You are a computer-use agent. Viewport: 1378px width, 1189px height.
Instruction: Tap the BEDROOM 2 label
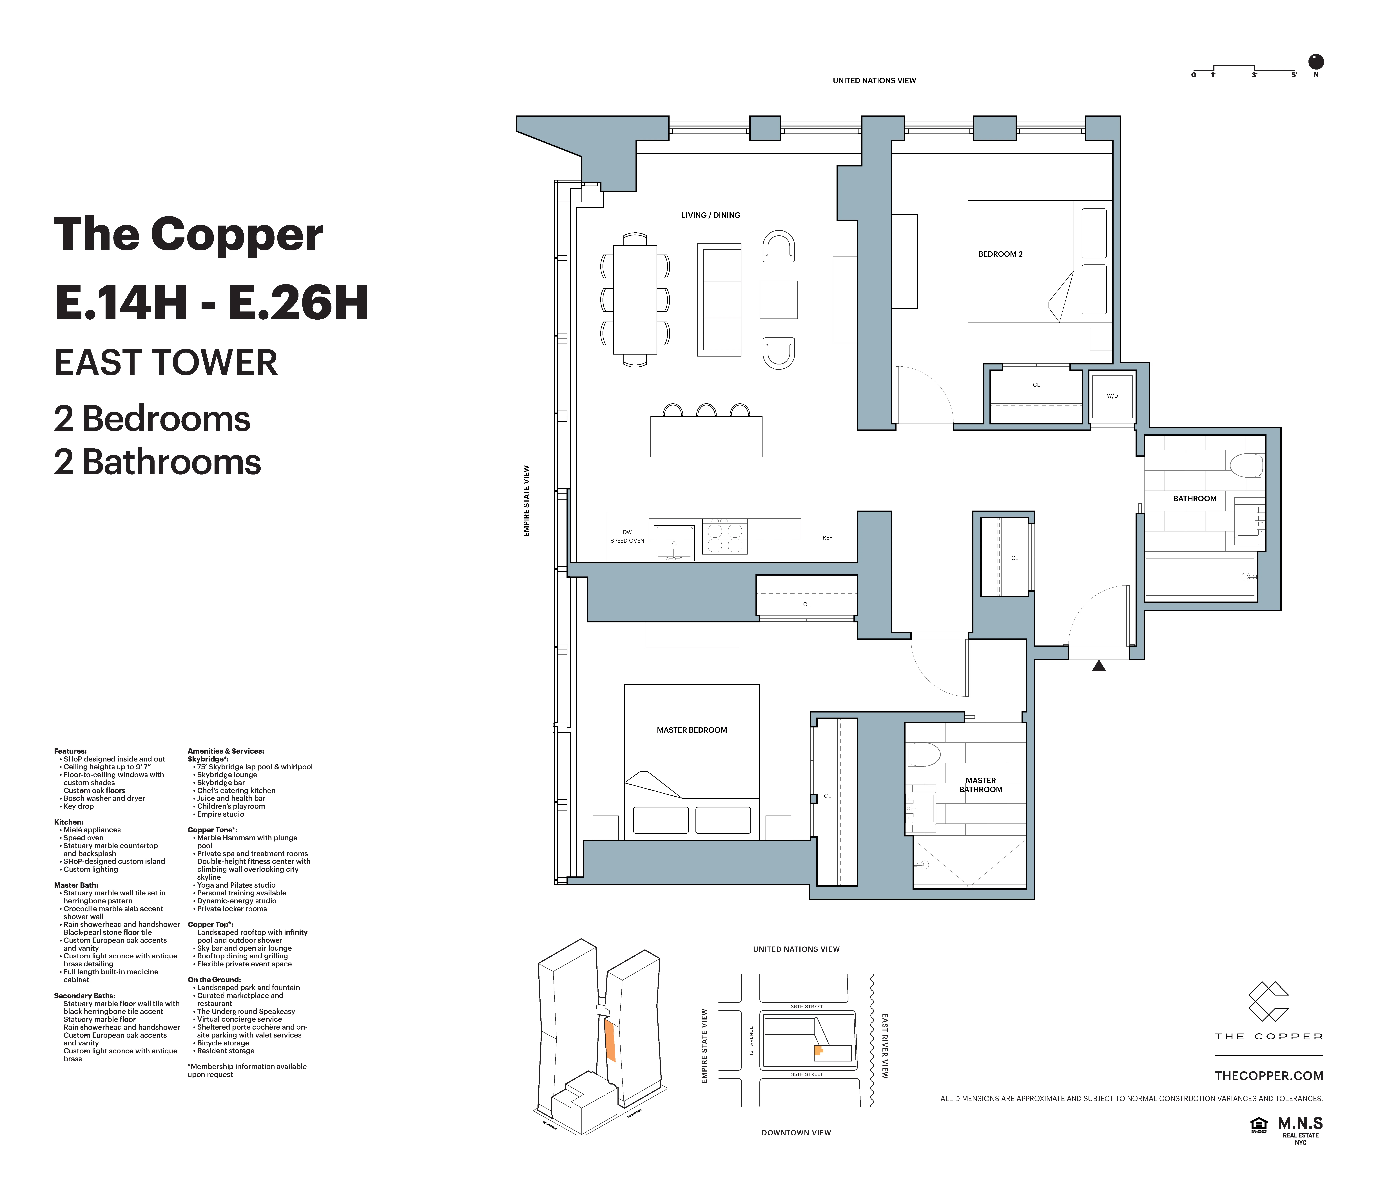(1000, 254)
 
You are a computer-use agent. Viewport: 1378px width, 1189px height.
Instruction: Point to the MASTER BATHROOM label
(980, 785)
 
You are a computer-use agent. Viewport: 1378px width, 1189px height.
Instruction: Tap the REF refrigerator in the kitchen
(827, 537)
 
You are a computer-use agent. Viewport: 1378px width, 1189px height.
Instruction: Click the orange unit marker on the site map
(819, 1051)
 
